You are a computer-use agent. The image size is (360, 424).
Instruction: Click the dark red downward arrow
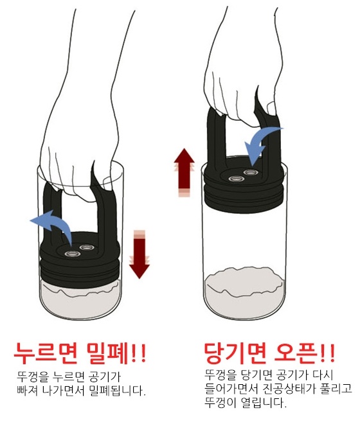[x=139, y=254]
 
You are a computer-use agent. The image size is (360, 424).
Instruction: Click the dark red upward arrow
[x=184, y=172]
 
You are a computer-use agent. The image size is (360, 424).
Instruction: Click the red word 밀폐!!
[x=116, y=353]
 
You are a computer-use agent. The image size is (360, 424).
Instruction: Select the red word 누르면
[x=46, y=353]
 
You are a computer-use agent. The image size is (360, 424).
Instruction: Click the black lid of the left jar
[x=80, y=260]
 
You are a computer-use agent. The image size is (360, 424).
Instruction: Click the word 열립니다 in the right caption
[x=259, y=403]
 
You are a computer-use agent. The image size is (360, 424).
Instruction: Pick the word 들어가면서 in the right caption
[x=231, y=389]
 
